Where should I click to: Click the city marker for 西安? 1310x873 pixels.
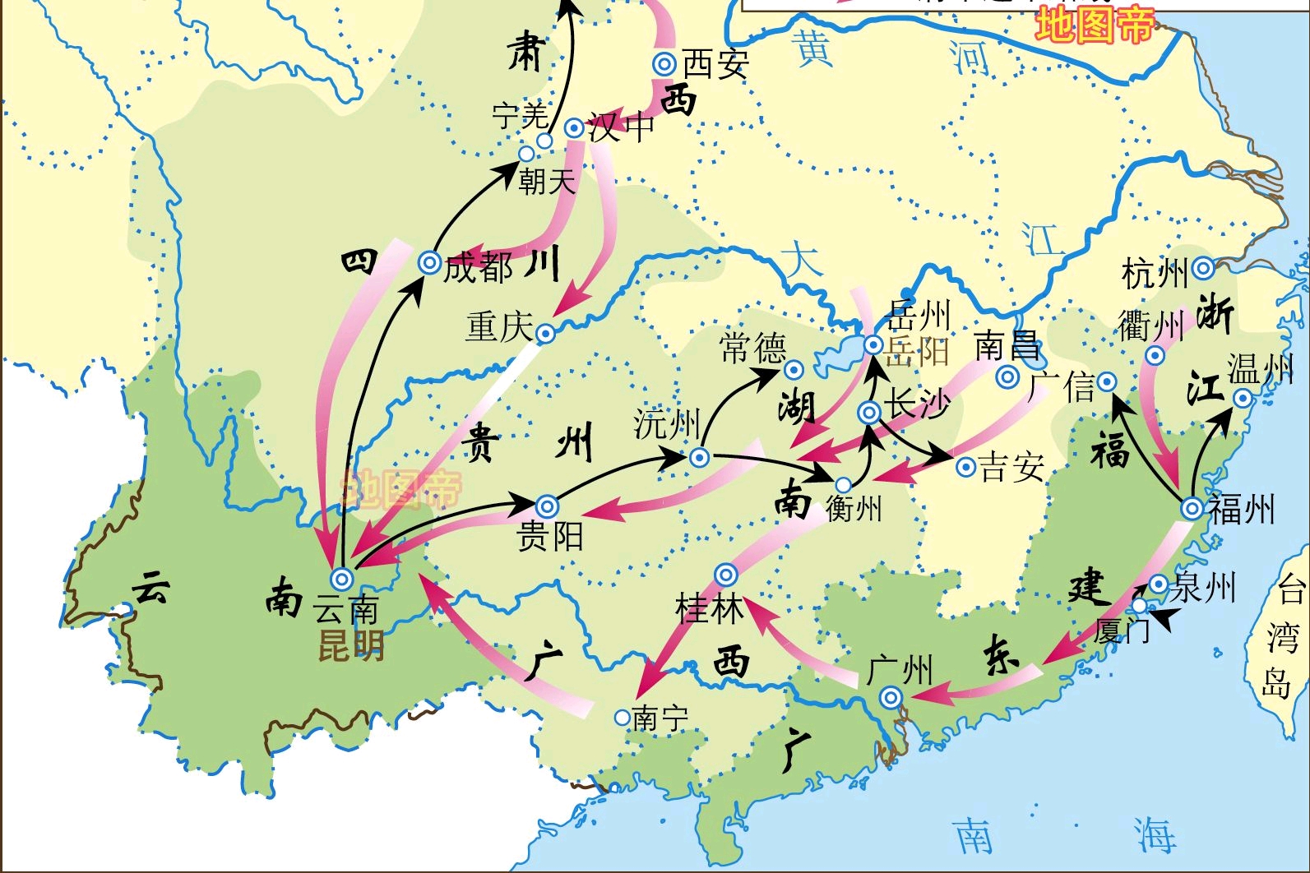(664, 64)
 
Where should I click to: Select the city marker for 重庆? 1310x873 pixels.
(545, 334)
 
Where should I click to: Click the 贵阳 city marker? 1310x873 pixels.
(548, 507)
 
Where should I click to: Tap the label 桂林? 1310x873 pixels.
(709, 609)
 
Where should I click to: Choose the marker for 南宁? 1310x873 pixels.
(623, 718)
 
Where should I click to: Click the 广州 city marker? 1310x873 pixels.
(891, 699)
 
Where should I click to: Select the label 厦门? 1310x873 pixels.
(1121, 631)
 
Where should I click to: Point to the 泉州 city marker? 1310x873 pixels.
(1158, 584)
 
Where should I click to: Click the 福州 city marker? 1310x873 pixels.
(1192, 509)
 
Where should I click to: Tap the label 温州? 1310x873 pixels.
(1260, 369)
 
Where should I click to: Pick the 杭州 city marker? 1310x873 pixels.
(1203, 268)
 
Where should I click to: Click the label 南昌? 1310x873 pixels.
(1007, 346)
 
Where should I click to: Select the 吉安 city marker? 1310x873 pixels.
(966, 467)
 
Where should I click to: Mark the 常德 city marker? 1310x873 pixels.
(794, 369)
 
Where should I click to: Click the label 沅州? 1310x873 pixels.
(666, 424)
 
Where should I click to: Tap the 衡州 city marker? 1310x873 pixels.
(844, 485)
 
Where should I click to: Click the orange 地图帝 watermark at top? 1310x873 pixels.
(1095, 25)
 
